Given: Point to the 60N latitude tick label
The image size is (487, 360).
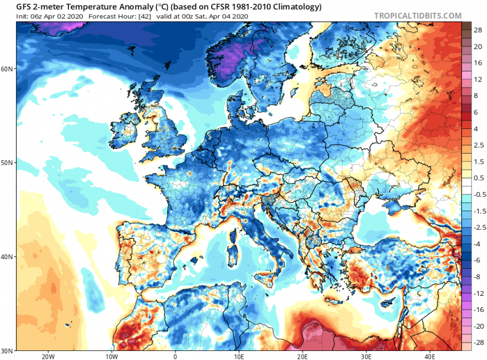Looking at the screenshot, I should [8, 69].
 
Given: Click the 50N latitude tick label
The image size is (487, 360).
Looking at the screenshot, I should [8, 163].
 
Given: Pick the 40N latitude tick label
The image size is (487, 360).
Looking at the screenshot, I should [8, 256].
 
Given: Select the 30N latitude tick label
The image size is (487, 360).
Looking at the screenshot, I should [8, 350].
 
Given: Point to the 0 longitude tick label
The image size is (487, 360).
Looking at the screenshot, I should [175, 355].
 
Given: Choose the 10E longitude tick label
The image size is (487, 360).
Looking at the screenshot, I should [239, 355].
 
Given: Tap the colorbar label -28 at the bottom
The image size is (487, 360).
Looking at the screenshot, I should [478, 342].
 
